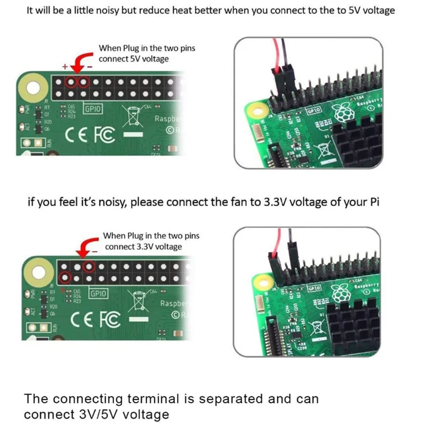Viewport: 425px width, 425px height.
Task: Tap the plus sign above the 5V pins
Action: [x=65, y=68]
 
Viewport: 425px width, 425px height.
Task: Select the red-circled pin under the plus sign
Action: [x=71, y=82]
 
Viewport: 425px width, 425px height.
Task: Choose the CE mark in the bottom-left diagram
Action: [x=83, y=320]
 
